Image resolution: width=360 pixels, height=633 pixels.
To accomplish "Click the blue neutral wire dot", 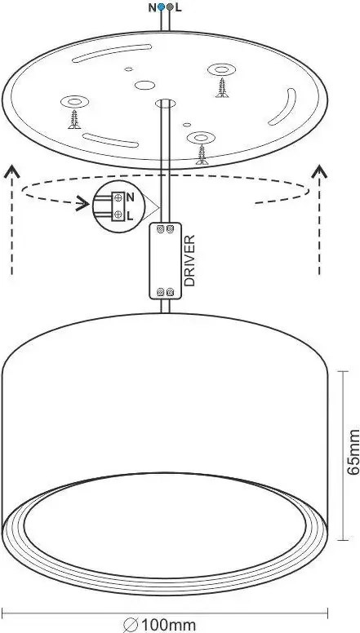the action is (161, 7).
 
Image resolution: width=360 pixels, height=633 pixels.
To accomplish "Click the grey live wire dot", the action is (170, 7).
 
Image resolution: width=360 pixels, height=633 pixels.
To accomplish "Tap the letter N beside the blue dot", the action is (152, 7).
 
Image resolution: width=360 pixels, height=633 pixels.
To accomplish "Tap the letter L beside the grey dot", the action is (178, 7).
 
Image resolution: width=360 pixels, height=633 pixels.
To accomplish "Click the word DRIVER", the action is (189, 260).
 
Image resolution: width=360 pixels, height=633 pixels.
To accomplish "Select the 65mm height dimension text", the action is (353, 452).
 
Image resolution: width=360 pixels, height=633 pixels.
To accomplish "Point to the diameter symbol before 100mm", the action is (131, 626).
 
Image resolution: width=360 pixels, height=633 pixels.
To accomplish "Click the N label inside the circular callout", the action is (130, 197).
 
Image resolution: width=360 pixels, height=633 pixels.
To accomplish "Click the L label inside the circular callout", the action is (130, 216).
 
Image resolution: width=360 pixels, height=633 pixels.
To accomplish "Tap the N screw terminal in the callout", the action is (118, 197).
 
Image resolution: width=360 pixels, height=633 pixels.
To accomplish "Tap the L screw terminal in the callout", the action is (118, 215).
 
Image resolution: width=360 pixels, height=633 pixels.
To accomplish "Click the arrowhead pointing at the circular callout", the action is (83, 203).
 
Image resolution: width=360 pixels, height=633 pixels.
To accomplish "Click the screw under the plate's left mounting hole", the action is (74, 119).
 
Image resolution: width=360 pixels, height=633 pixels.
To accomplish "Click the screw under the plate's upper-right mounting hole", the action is (222, 87).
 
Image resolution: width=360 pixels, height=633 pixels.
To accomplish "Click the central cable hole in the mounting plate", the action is (166, 104).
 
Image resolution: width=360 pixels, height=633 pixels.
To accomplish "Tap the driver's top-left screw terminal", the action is (160, 229).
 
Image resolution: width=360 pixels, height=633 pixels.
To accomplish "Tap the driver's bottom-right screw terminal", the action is (170, 291).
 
